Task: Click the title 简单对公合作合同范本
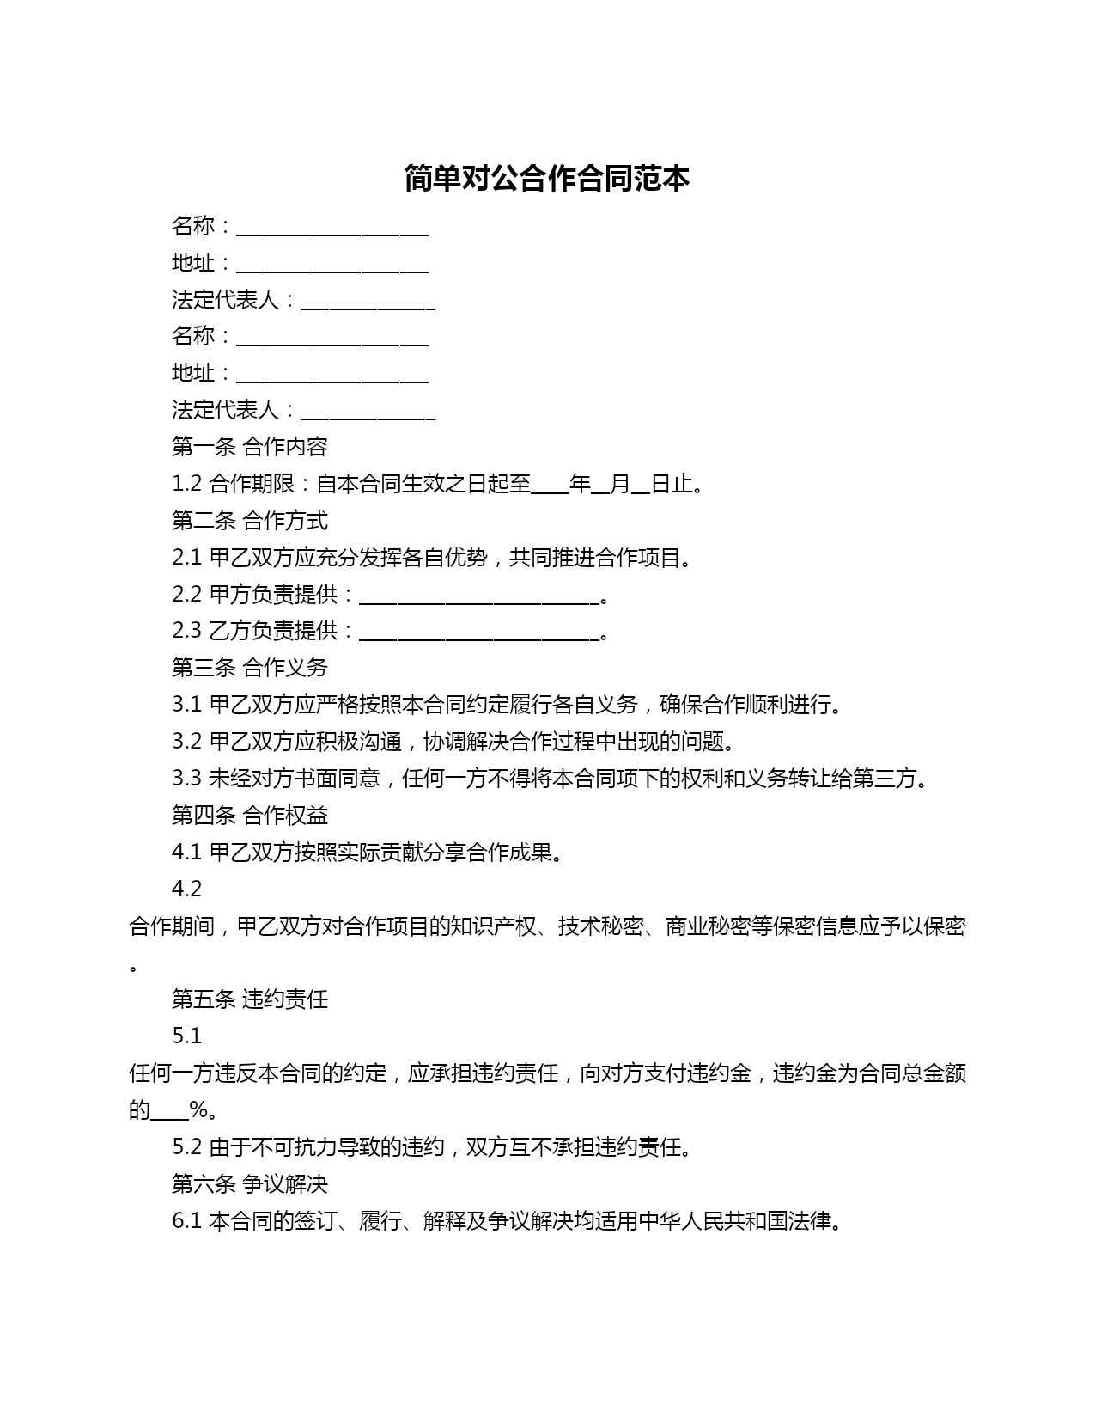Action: click(x=547, y=179)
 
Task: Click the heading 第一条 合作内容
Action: click(x=249, y=447)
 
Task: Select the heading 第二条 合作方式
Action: click(x=249, y=521)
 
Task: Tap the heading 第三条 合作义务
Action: click(x=249, y=668)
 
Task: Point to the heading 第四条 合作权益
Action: click(x=249, y=815)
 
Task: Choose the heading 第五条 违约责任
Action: click(x=249, y=999)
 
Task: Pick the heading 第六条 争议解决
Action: click(x=249, y=1183)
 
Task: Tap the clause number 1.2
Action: click(x=186, y=484)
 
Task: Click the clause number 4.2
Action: click(x=186, y=889)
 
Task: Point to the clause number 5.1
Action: click(x=186, y=1036)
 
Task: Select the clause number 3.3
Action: click(x=186, y=779)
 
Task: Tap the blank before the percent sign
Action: click(x=170, y=1114)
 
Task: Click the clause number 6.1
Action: click(x=186, y=1220)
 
